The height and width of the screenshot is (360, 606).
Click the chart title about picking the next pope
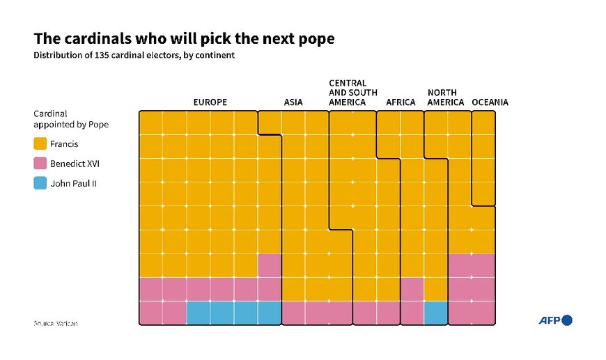[x=184, y=39]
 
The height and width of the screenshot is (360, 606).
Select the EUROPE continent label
[x=210, y=102]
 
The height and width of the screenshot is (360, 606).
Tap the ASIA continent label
[x=293, y=102]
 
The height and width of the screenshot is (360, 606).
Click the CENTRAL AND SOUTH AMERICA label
[x=353, y=93]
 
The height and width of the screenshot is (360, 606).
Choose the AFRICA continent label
[x=401, y=102]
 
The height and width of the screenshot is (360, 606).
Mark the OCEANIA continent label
[x=490, y=102]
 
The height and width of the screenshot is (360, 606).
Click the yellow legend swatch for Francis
[x=40, y=144]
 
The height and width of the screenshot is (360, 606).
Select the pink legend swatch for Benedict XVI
[x=40, y=164]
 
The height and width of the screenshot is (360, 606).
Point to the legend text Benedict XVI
[x=75, y=164]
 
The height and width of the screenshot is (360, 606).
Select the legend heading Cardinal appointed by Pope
[x=71, y=118]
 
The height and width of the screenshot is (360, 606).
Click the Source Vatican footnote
[x=56, y=324]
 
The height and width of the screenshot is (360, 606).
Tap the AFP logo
[x=554, y=320]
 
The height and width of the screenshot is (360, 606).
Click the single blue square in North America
[x=436, y=313]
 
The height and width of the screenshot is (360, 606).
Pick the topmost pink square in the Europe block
[x=270, y=265]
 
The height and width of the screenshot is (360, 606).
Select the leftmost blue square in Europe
[x=199, y=313]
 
